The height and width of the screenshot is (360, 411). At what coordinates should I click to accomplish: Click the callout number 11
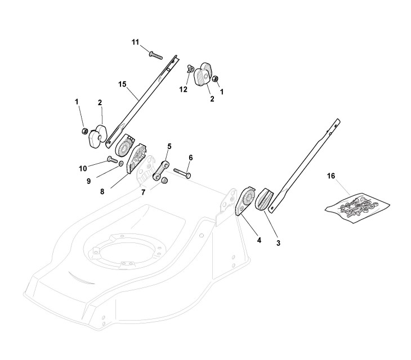(135, 42)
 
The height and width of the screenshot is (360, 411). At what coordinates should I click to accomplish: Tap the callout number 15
(122, 84)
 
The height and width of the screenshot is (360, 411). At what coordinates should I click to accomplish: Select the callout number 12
(184, 89)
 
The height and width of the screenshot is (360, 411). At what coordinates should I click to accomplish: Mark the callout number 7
(144, 192)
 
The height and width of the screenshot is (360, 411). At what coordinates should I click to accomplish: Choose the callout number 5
(169, 146)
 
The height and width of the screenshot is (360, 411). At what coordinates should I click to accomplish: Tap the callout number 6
(190, 158)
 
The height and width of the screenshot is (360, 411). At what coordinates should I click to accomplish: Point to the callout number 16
(330, 176)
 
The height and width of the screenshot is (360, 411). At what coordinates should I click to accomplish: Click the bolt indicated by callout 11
(155, 55)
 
